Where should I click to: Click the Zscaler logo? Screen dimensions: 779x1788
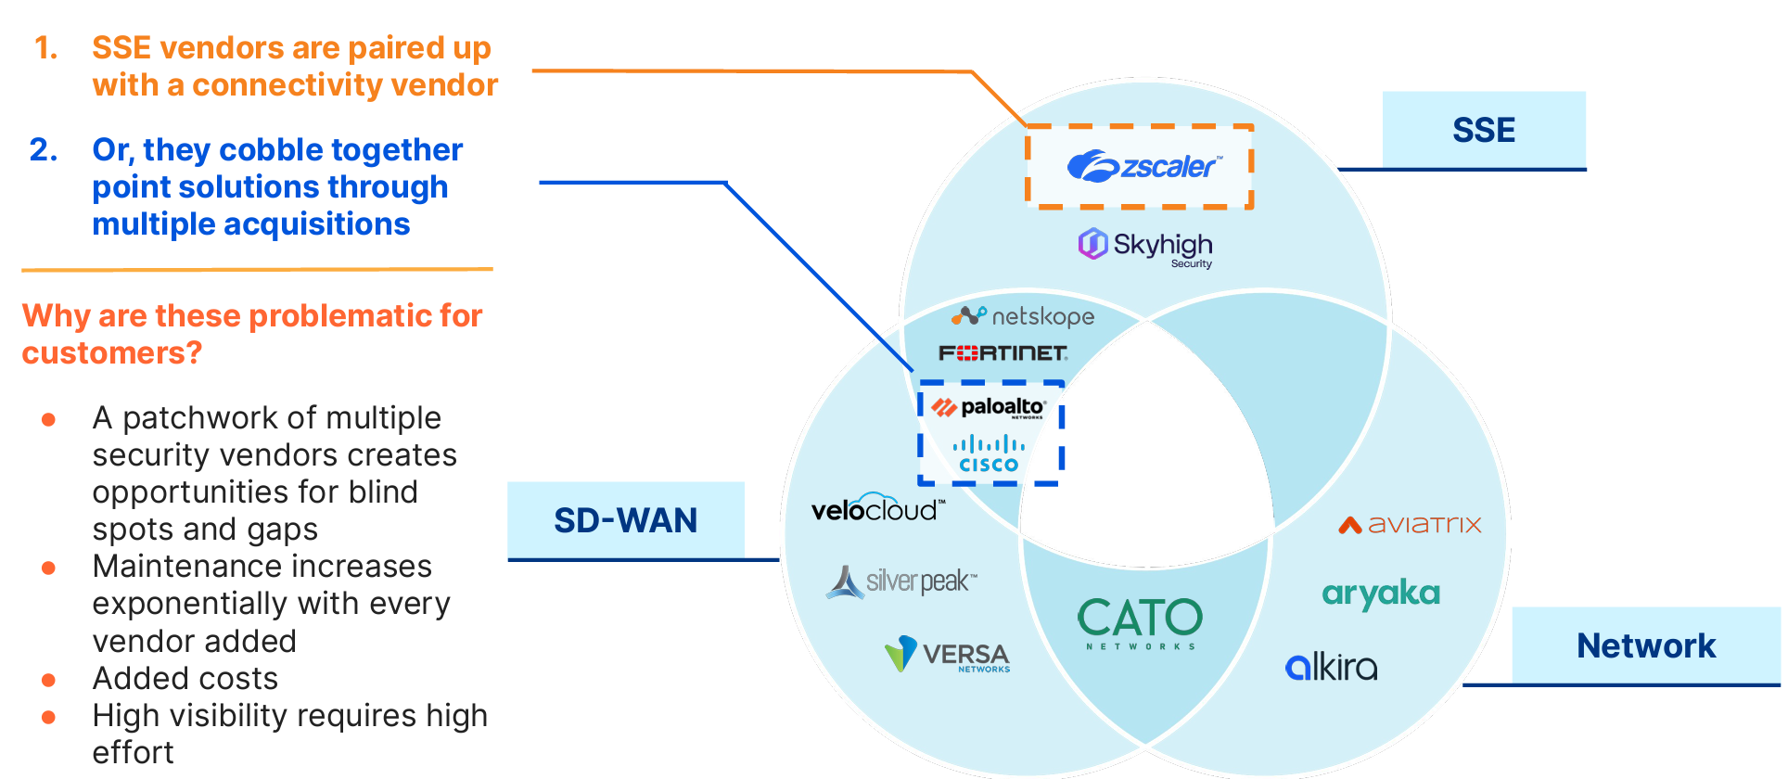(1143, 167)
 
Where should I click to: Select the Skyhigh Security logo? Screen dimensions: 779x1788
(1145, 247)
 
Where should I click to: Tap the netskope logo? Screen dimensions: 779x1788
(1023, 316)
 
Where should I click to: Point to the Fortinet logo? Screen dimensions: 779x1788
(1003, 353)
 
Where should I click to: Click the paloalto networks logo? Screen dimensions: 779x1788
(989, 408)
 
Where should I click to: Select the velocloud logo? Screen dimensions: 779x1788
(877, 508)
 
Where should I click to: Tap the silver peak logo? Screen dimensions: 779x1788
(900, 581)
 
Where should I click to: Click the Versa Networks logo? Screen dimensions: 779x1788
(947, 655)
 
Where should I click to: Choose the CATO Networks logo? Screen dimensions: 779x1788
(1140, 622)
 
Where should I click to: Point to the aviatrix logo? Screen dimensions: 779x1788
(1410, 525)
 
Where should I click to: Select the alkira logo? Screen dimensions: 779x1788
(1331, 666)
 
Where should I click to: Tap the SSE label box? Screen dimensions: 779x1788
(1483, 130)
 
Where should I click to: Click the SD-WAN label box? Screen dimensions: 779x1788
(626, 520)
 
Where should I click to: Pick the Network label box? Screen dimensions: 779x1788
(1645, 645)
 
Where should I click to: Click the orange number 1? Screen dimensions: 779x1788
(45, 48)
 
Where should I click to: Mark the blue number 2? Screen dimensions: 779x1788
(44, 150)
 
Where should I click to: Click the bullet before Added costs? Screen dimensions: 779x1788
(49, 680)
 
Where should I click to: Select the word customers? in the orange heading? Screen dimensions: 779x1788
(111, 353)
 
